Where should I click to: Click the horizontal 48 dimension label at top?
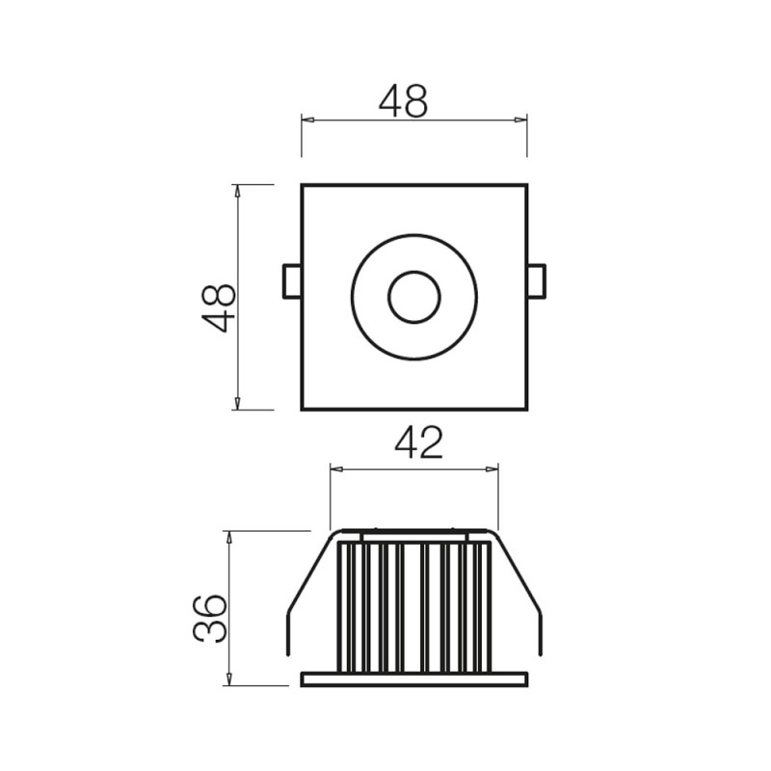(x=403, y=101)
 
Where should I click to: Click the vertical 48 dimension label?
(x=219, y=307)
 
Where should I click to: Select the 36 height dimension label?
(x=209, y=618)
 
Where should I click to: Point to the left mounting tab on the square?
(x=292, y=281)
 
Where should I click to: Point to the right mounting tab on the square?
(x=537, y=281)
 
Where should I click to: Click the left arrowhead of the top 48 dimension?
(x=307, y=120)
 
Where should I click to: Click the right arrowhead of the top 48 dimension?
(x=520, y=120)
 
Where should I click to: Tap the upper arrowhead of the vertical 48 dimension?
(x=237, y=191)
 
